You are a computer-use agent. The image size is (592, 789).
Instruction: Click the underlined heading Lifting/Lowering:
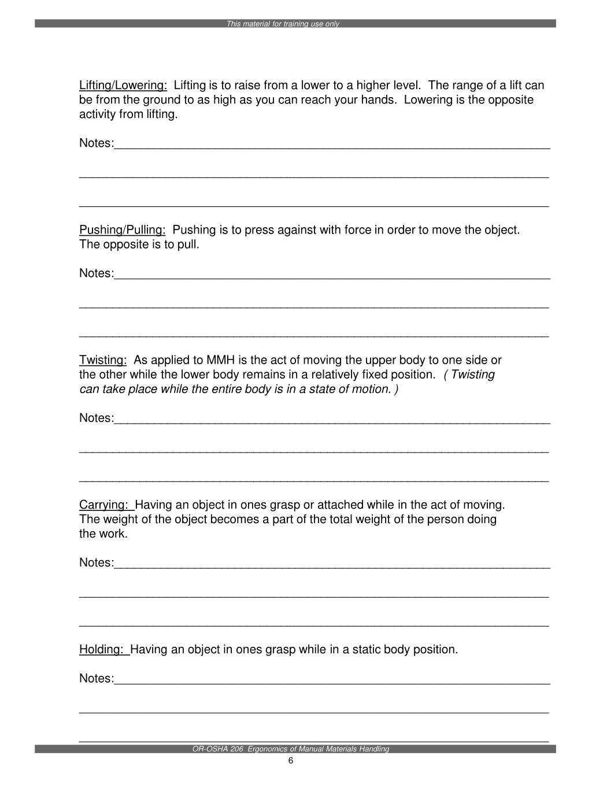(123, 86)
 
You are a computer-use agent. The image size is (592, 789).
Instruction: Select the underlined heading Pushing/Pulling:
(123, 230)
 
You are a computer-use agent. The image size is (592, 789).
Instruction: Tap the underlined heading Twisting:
(103, 360)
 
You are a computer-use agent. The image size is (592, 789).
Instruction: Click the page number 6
(291, 761)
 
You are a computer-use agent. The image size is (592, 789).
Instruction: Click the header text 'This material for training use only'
(283, 24)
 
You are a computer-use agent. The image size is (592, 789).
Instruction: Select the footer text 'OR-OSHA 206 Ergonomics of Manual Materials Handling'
(291, 749)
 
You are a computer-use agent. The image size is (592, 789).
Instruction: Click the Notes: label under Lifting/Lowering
(97, 143)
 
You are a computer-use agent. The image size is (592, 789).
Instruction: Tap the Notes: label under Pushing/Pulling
(97, 273)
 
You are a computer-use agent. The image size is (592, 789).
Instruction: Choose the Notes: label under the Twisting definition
(97, 418)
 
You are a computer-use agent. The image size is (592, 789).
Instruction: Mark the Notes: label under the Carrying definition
(97, 562)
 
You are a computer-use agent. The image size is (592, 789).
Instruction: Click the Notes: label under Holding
(97, 678)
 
